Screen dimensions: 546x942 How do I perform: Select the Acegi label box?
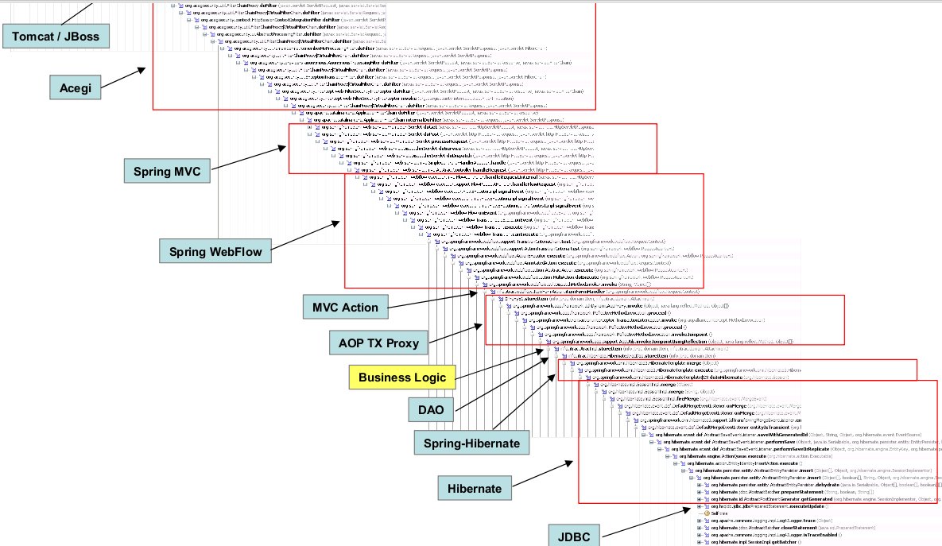[76, 86]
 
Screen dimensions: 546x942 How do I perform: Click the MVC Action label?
[345, 307]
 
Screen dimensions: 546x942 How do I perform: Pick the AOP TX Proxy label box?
[378, 343]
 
